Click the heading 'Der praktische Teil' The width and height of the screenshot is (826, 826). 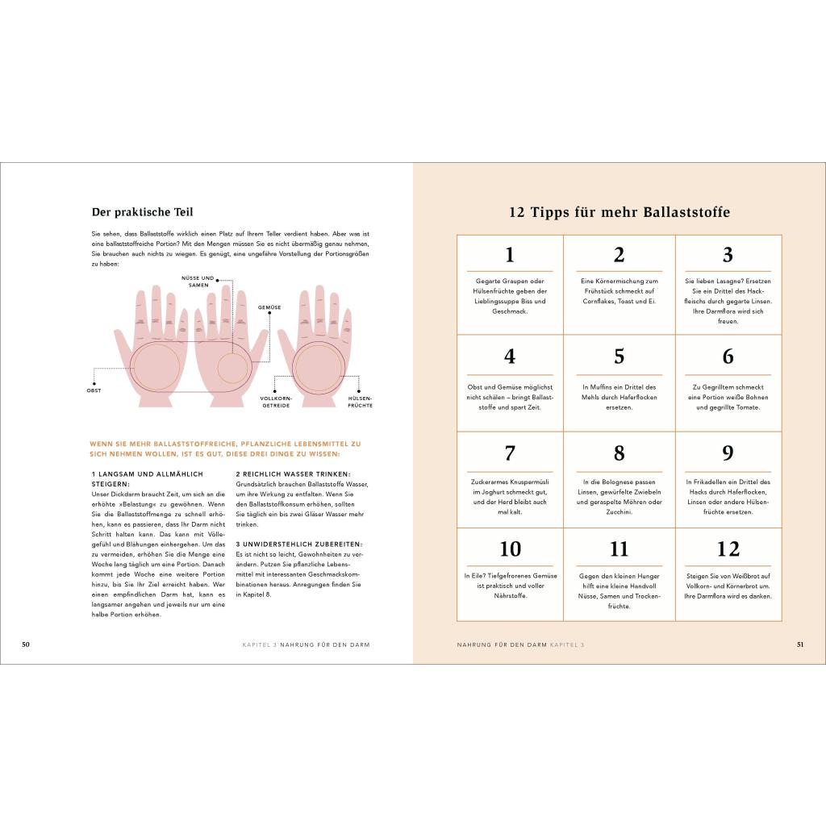(x=142, y=212)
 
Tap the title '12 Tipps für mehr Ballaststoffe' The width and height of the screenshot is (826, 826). (x=619, y=212)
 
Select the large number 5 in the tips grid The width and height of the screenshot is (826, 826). (x=619, y=357)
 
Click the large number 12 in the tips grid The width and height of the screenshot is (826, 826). (x=728, y=549)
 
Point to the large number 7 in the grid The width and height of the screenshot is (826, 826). (x=510, y=453)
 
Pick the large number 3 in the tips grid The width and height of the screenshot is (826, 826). (x=728, y=255)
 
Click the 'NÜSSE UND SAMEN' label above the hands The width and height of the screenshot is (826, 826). (x=198, y=282)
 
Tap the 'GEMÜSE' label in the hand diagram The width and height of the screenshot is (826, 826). (x=269, y=307)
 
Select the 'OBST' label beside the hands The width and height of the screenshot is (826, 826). (x=94, y=390)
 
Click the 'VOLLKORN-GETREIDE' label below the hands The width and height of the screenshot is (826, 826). (x=276, y=402)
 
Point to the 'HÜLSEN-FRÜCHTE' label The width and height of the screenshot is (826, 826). (x=361, y=402)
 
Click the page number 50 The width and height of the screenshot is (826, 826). (x=26, y=645)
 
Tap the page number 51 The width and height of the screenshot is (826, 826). (x=800, y=645)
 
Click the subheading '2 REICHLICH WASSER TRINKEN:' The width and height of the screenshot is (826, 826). (x=293, y=474)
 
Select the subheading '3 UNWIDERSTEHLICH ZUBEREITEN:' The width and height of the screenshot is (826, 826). (x=299, y=544)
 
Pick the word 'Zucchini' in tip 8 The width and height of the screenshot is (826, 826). (x=619, y=512)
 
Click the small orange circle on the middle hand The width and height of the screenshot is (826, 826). (x=233, y=368)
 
